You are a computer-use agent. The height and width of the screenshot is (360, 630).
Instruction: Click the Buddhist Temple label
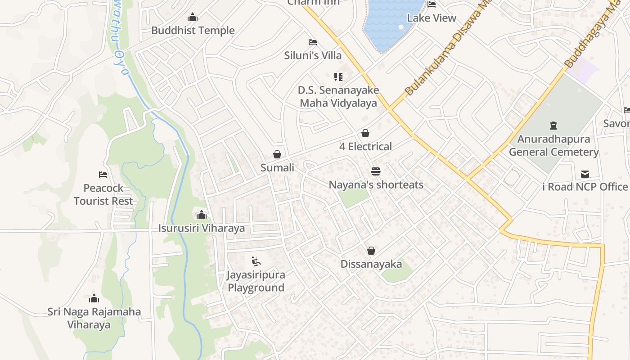[x=193, y=31]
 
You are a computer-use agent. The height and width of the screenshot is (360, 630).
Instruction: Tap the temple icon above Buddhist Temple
[x=193, y=18]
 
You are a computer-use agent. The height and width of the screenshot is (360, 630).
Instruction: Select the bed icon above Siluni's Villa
[x=313, y=42]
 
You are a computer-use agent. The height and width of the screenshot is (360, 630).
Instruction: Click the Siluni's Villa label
[x=313, y=55]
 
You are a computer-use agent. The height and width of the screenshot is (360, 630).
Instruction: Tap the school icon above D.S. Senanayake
[x=338, y=77]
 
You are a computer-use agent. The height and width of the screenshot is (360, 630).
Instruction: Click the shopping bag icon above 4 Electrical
[x=365, y=133]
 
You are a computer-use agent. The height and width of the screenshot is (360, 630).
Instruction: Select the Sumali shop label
[x=277, y=168]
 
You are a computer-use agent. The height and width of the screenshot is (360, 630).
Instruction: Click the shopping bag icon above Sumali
[x=277, y=154]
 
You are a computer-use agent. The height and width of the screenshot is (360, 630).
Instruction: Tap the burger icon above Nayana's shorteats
[x=376, y=171]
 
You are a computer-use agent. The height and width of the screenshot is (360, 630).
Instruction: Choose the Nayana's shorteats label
[x=376, y=185]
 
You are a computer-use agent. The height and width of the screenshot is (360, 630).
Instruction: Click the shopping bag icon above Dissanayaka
[x=371, y=251]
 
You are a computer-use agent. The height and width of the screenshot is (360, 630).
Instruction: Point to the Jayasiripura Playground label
[x=256, y=281]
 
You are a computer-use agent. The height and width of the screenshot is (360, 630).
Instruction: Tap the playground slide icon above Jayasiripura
[x=256, y=261]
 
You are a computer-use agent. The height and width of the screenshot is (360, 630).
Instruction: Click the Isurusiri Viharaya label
[x=202, y=228]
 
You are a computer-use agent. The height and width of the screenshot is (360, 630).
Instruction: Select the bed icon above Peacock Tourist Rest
[x=103, y=175]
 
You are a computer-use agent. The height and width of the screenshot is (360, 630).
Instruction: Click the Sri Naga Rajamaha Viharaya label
[x=94, y=318]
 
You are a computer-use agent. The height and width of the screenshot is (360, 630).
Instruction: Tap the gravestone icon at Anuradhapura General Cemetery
[x=553, y=126]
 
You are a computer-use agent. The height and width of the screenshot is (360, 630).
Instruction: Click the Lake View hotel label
[x=432, y=18]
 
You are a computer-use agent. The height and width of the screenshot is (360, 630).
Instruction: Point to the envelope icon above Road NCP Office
[x=585, y=174]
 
